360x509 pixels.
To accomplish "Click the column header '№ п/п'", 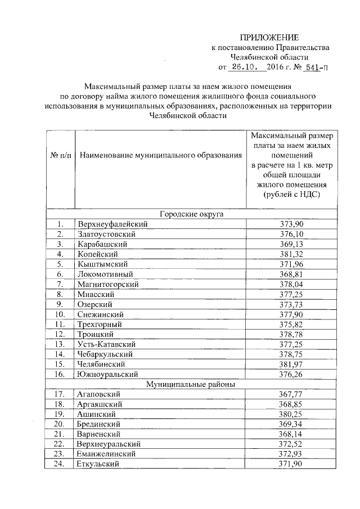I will point(61,155).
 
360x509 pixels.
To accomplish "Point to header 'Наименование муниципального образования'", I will point(160,155).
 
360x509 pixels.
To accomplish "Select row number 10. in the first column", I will point(61,314).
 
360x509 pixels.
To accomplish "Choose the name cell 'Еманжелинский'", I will point(107,454).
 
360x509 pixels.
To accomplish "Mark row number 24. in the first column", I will point(61,464).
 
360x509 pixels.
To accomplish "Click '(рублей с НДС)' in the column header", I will point(291,194).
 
